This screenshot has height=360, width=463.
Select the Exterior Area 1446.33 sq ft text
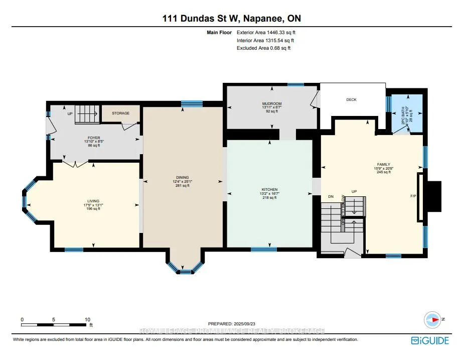pos(270,33)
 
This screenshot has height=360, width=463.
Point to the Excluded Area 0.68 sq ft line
pos(263,48)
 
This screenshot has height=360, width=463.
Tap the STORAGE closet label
pos(120,113)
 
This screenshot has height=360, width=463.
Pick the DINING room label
pos(182,177)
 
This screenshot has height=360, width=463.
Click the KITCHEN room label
pos(269,189)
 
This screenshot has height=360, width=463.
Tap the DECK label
pos(351,100)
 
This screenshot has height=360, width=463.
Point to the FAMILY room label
pos(383,164)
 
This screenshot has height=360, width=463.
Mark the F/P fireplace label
pos(413,196)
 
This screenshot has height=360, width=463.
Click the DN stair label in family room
pos(331,196)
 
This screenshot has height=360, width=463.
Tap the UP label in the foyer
pos(70,113)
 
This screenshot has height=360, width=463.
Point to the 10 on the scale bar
pos(88,319)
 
